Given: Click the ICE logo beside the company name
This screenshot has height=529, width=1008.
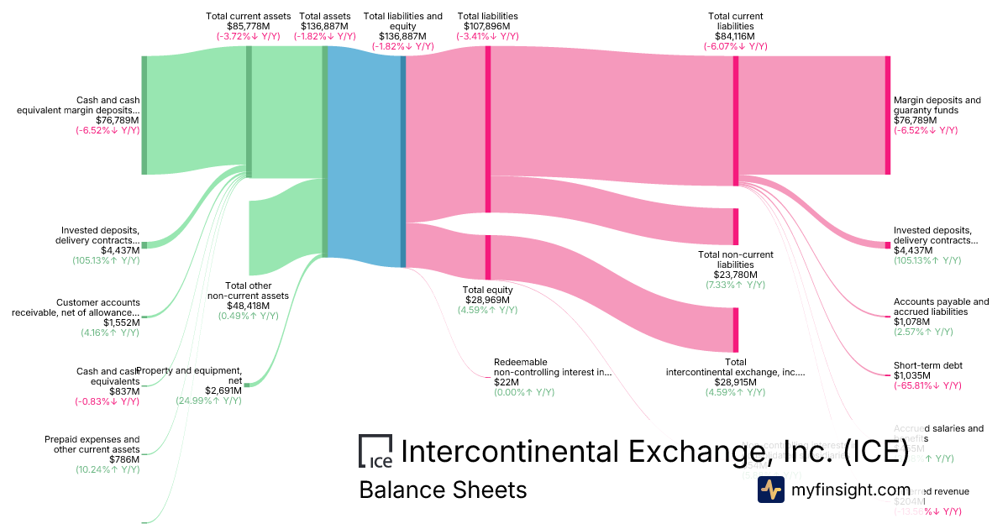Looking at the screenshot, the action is tap(375, 451).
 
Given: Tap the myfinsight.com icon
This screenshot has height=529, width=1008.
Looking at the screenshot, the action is tap(770, 490).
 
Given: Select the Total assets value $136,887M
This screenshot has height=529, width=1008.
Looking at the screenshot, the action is tap(324, 26).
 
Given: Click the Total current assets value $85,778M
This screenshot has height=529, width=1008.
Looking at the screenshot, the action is tap(248, 26).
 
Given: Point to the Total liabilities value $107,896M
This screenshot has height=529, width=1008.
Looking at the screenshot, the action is tap(487, 26).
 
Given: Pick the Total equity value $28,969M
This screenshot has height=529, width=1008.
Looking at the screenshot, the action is tap(487, 300).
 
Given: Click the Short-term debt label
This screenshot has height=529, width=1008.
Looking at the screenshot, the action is tap(928, 365).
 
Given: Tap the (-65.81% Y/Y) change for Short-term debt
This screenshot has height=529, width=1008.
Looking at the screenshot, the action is tap(925, 385).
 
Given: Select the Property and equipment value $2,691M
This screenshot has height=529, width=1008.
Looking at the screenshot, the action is tap(223, 390).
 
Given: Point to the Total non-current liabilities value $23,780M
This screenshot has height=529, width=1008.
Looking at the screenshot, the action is tap(736, 275).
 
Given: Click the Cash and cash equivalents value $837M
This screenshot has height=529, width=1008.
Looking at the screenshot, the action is tap(124, 391).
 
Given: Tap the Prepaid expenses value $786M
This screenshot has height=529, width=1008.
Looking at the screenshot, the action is tap(124, 459).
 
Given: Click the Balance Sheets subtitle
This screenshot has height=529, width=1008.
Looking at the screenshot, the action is tap(443, 490).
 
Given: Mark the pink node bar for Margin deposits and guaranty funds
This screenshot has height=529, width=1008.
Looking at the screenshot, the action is tap(887, 115).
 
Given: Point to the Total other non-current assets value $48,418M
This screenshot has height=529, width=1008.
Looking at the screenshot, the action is tap(248, 306).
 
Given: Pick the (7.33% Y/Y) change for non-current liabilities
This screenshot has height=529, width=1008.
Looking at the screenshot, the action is tap(736, 285).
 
